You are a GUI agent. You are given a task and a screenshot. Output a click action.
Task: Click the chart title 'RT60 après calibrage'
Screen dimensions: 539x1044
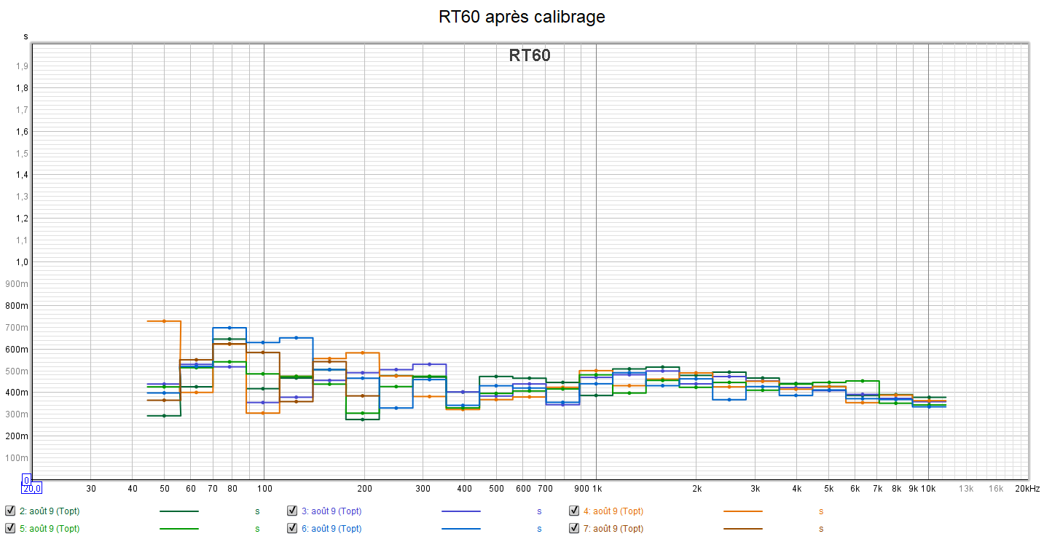pyautogui.click(x=522, y=16)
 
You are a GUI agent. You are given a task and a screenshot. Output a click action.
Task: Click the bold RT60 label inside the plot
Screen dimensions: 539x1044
pyautogui.click(x=530, y=55)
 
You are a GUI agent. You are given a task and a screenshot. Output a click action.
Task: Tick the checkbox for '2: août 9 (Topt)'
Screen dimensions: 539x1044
pyautogui.click(x=10, y=511)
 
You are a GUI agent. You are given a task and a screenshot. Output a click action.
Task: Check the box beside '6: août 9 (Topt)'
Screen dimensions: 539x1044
pyautogui.click(x=292, y=528)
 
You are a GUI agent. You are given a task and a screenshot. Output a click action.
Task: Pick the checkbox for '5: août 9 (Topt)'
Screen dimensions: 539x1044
pyautogui.click(x=10, y=528)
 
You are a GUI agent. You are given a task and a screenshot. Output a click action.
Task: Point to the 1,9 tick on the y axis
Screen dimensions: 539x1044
pyautogui.click(x=22, y=66)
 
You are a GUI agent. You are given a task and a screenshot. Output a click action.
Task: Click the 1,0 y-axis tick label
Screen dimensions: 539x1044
pyautogui.click(x=22, y=262)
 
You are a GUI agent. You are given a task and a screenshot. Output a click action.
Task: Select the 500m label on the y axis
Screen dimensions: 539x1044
pyautogui.click(x=18, y=371)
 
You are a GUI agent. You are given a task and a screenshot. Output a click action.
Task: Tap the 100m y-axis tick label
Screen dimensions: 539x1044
pyautogui.click(x=18, y=458)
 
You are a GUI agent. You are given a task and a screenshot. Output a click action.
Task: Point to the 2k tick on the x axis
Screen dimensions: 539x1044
pyautogui.click(x=696, y=489)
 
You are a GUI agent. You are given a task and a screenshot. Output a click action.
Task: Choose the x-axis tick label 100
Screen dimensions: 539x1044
pyautogui.click(x=264, y=489)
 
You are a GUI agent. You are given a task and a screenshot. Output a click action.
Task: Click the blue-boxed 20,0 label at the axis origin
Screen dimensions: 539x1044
pyautogui.click(x=31, y=488)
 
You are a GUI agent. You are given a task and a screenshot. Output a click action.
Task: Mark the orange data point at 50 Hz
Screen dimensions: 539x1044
pyautogui.click(x=164, y=321)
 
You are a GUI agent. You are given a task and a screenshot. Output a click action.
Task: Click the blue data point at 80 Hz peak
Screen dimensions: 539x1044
pyautogui.click(x=229, y=328)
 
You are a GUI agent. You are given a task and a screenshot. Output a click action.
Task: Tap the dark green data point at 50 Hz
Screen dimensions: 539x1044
pyautogui.click(x=164, y=416)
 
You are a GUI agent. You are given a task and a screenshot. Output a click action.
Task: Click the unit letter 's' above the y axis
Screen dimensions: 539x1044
pyautogui.click(x=26, y=36)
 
